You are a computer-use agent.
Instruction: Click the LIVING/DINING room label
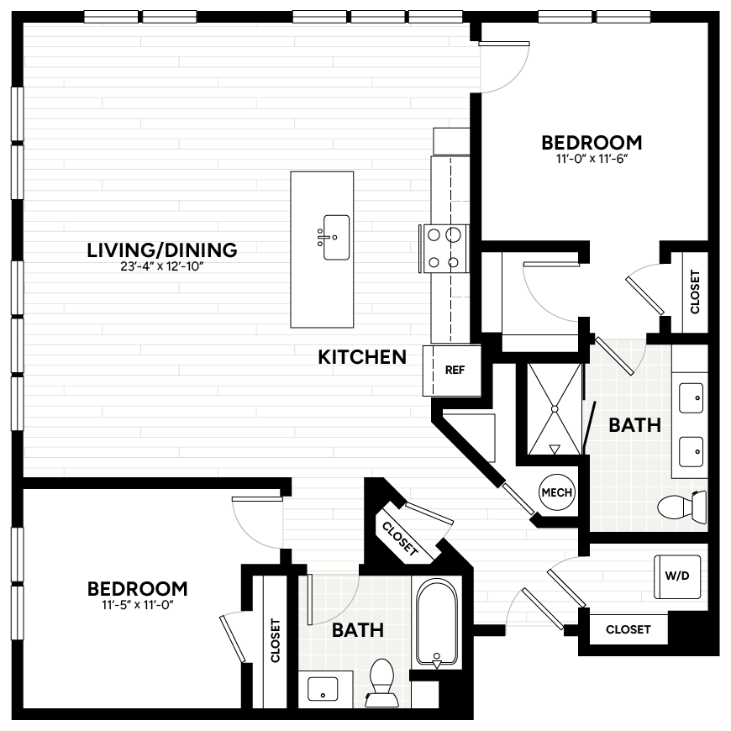pos(162,250)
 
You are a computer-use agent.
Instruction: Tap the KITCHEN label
pos(362,357)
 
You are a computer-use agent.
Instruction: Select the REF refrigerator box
pos(455,370)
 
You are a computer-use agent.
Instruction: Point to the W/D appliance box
pos(677,576)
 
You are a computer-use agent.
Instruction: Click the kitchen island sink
pos(334,238)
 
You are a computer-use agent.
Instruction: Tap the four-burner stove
pos(444,249)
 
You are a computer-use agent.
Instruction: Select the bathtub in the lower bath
pos(436,622)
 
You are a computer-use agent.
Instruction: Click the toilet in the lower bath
pos(382,681)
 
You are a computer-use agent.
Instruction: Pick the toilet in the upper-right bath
pos(682,507)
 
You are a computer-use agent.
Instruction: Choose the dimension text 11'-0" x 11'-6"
pos(591,158)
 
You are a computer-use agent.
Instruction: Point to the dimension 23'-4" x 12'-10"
pos(162,267)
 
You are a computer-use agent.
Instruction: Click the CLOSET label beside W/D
pos(628,629)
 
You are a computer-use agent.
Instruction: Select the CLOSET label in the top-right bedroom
pos(695,292)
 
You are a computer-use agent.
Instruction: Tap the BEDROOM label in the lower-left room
pos(137,588)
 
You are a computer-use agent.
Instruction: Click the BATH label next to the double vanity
pos(634,425)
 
